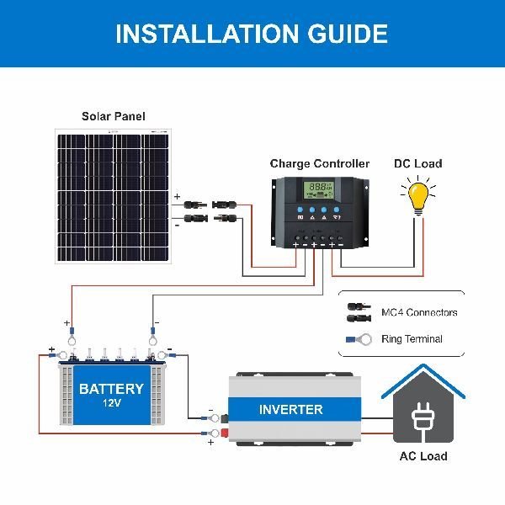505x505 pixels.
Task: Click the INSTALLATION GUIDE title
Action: (252, 34)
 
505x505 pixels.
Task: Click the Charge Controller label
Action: (319, 163)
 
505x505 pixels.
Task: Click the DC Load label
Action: (417, 163)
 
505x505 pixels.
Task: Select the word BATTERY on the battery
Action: (111, 389)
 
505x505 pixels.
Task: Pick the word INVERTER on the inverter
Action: (290, 410)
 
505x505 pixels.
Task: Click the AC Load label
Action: (423, 456)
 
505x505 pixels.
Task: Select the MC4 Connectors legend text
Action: (419, 312)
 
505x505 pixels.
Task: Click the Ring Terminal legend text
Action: (412, 339)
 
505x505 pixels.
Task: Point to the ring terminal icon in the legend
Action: (360, 340)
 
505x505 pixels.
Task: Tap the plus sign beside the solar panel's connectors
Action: (177, 197)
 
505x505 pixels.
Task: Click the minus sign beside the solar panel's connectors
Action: (177, 225)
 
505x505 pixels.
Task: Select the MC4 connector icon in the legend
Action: (359, 312)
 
